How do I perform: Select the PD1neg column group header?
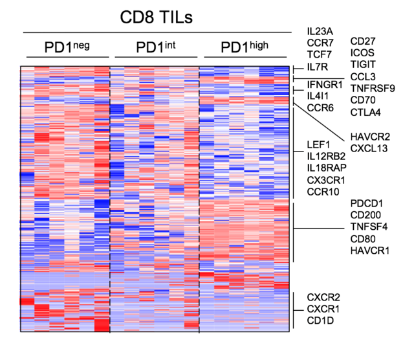click(67, 48)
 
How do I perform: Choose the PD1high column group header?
click(245, 48)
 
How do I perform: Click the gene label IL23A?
click(320, 30)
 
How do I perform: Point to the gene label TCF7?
click(320, 55)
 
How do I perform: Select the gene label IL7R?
click(319, 67)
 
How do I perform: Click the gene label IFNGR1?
click(325, 84)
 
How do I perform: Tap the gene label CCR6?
click(320, 107)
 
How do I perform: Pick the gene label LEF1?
click(319, 144)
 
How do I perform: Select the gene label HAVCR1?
click(369, 251)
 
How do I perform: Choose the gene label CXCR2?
click(323, 297)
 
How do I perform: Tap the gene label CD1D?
click(320, 321)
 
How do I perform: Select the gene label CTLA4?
click(365, 112)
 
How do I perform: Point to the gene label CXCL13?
click(369, 149)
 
